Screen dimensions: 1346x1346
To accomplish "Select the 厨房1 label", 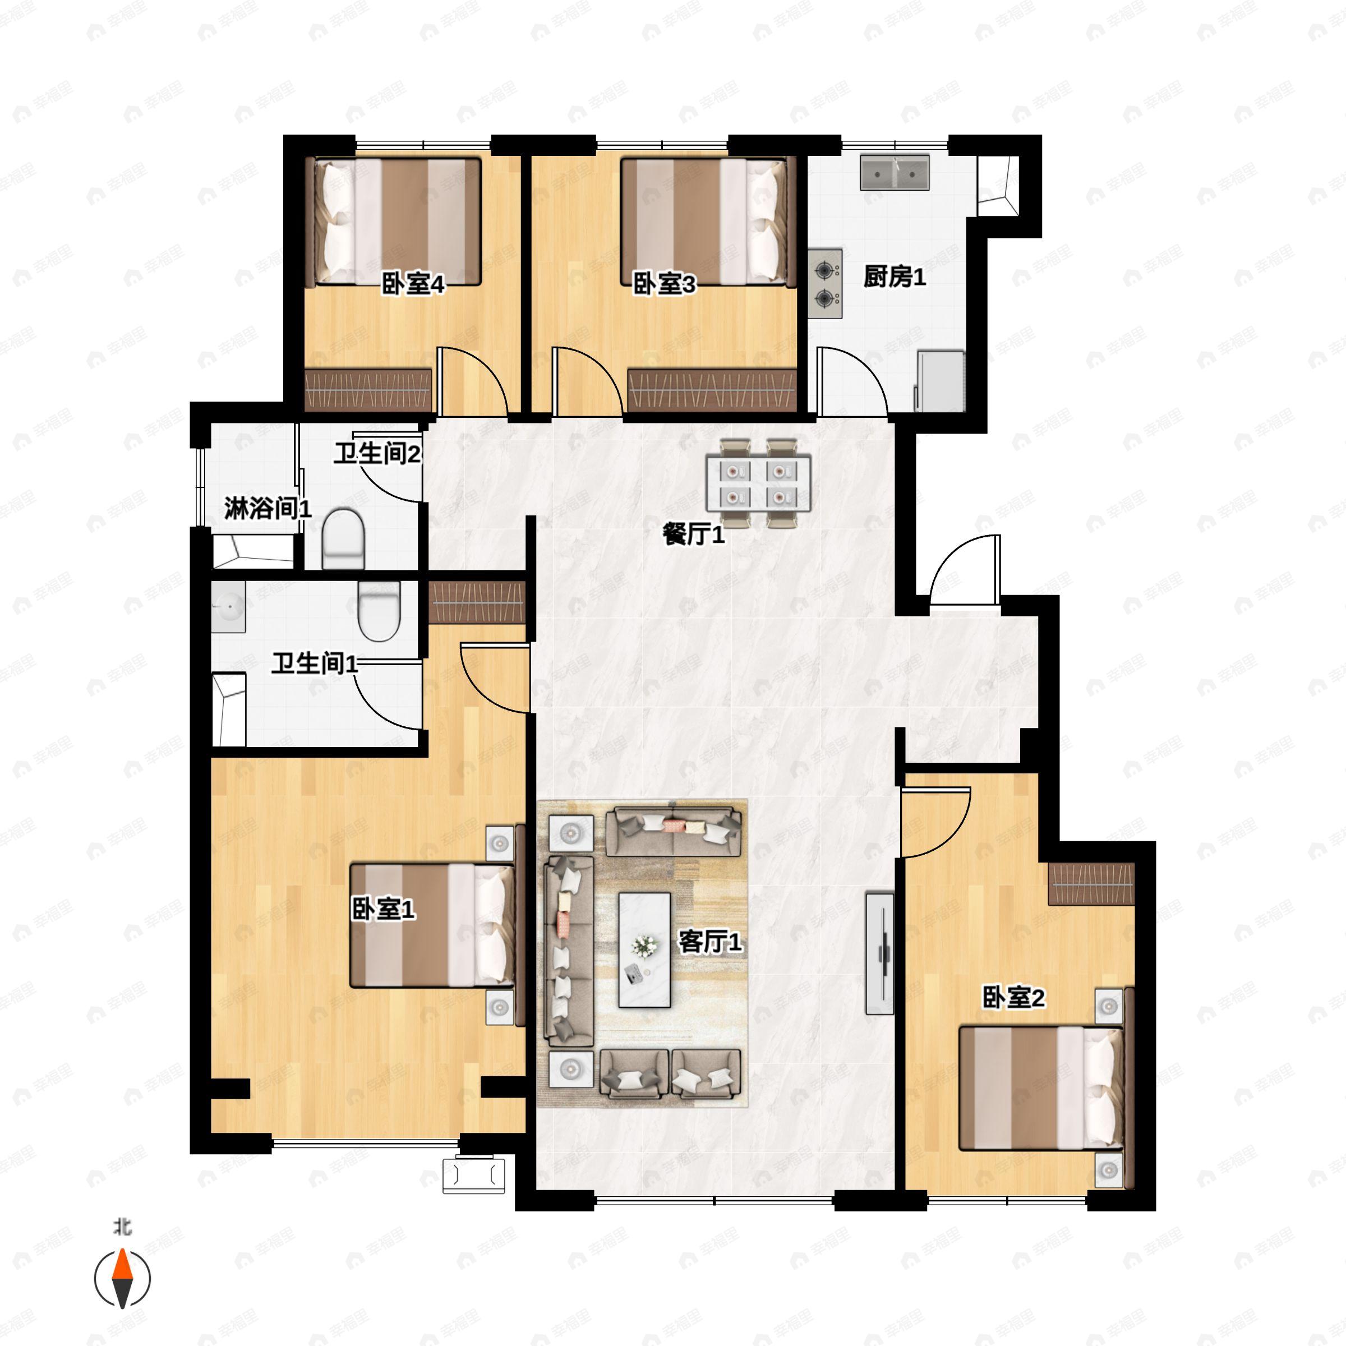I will tap(895, 277).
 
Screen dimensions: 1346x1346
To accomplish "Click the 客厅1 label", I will tap(710, 943).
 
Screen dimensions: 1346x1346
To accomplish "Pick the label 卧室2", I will tap(1013, 998).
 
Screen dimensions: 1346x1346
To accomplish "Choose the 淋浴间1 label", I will tap(268, 509).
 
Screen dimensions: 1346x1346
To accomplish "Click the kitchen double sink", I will tap(895, 173).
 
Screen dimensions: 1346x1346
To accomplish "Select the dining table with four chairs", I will tap(759, 483).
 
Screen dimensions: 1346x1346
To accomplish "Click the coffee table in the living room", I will tap(644, 950).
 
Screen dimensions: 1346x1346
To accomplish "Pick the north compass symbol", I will tap(123, 1279).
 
